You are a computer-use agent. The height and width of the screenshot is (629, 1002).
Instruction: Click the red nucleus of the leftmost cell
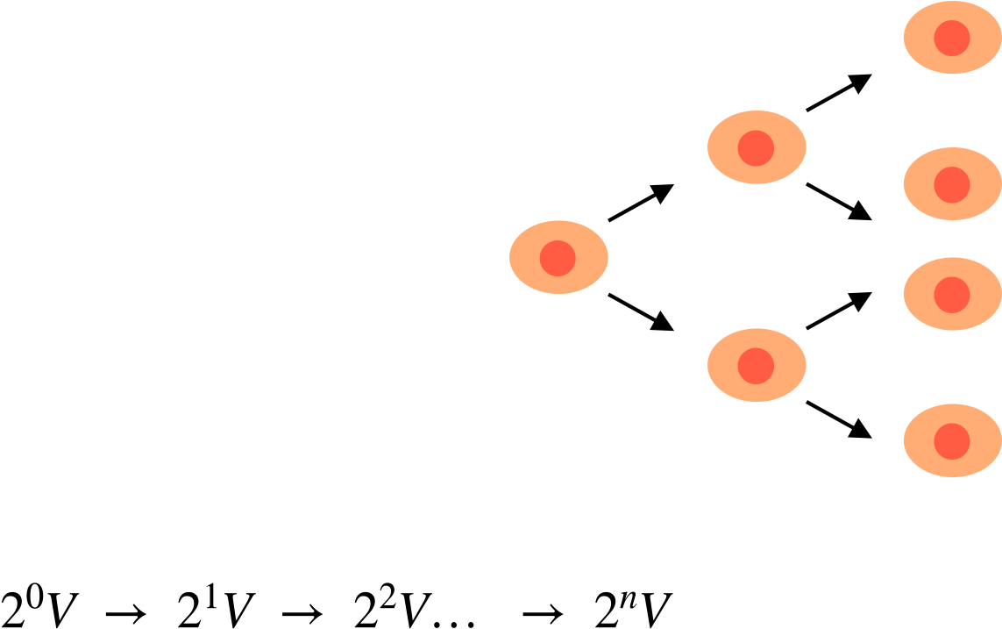(558, 258)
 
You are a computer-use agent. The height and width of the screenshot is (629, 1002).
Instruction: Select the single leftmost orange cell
(558, 257)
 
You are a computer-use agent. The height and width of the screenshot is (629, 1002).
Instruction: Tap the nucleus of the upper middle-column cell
(756, 148)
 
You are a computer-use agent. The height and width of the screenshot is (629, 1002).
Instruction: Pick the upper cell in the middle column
(757, 147)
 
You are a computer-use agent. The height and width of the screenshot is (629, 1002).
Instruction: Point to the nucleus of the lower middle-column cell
(756, 366)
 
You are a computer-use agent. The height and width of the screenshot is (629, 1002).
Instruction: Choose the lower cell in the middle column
(757, 365)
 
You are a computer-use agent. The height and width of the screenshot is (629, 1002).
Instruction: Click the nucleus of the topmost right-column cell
(952, 39)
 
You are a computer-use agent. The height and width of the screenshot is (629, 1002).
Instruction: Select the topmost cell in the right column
(952, 38)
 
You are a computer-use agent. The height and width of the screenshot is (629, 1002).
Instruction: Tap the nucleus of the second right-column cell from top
(952, 185)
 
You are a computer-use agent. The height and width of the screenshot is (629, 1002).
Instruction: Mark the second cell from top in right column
(952, 184)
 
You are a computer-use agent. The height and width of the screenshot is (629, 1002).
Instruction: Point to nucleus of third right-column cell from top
(952, 295)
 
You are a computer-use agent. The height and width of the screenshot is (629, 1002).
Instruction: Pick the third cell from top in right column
(952, 294)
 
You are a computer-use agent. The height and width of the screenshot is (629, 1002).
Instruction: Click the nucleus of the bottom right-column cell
(952, 441)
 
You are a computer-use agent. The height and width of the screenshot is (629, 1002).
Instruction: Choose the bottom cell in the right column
(952, 440)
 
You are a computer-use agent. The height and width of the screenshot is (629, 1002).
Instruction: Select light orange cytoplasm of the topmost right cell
(920, 39)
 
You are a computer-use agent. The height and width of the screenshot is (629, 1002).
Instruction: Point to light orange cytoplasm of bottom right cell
(920, 441)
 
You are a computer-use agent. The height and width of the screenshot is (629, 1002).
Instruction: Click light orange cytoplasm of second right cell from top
(920, 185)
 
